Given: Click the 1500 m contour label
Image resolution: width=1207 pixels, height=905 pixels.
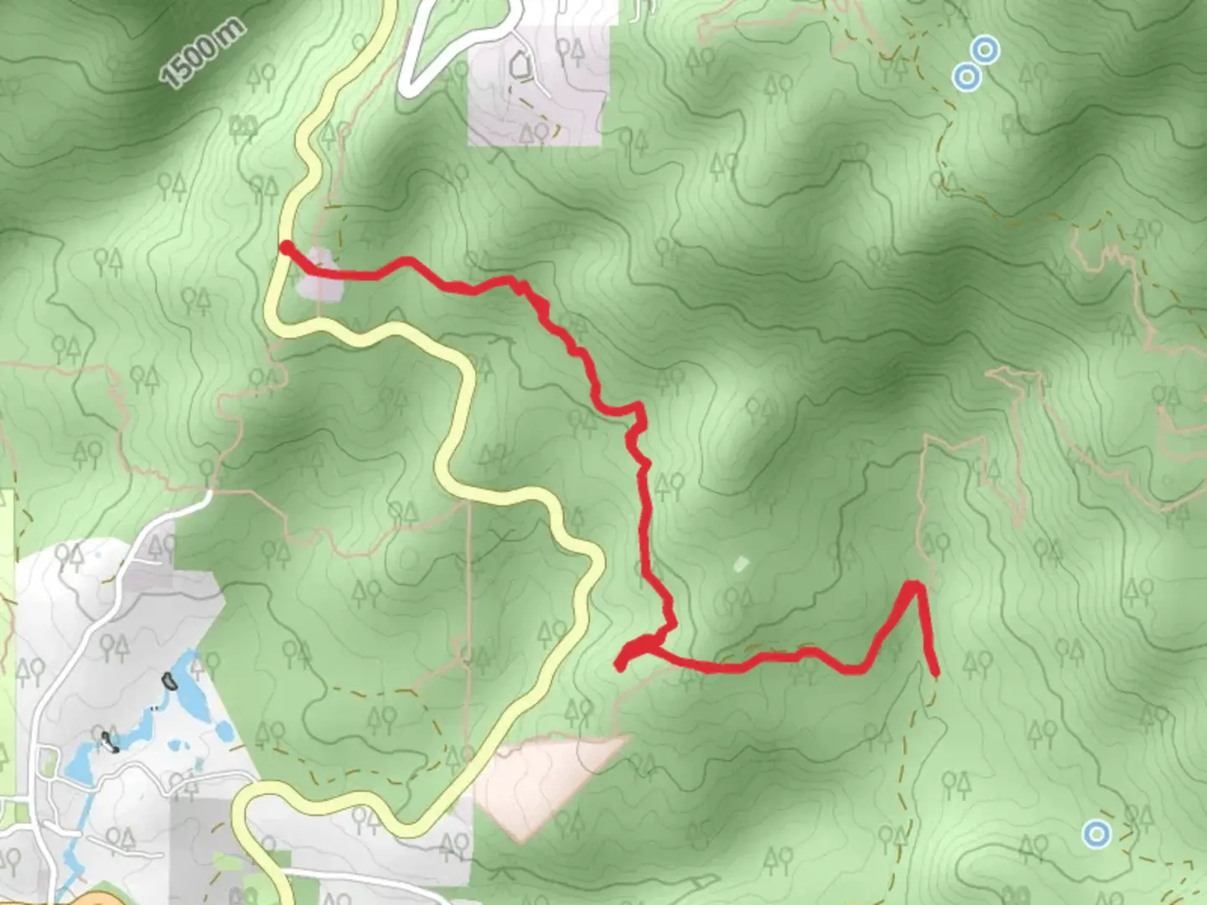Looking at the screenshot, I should click(203, 52).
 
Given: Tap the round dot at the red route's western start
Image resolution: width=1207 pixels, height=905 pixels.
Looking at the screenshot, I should click(286, 247).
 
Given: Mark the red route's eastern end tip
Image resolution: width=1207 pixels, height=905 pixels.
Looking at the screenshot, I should click(935, 672).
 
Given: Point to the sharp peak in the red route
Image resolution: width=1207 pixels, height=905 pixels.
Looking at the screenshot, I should click(914, 585).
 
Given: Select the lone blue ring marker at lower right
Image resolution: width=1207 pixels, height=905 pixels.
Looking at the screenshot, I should click(1096, 834).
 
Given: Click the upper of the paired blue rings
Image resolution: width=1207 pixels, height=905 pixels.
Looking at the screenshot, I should click(986, 49).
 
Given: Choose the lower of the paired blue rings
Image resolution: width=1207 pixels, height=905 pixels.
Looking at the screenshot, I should click(967, 77).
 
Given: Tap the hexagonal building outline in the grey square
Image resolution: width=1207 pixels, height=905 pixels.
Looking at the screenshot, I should click(520, 64).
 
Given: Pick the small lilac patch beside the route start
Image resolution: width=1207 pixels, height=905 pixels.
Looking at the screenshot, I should click(320, 275).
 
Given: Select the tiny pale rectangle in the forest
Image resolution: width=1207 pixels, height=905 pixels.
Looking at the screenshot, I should click(739, 564).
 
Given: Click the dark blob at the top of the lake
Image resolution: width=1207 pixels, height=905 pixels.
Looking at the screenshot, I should click(170, 680).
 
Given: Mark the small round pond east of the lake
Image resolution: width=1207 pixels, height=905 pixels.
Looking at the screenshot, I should click(224, 732).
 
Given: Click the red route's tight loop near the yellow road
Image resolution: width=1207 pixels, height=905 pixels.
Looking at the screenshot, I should click(637, 650).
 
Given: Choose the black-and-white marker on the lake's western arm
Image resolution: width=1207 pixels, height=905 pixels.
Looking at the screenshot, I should click(107, 739).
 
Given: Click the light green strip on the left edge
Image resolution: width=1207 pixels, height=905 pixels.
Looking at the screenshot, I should click(7, 637).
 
